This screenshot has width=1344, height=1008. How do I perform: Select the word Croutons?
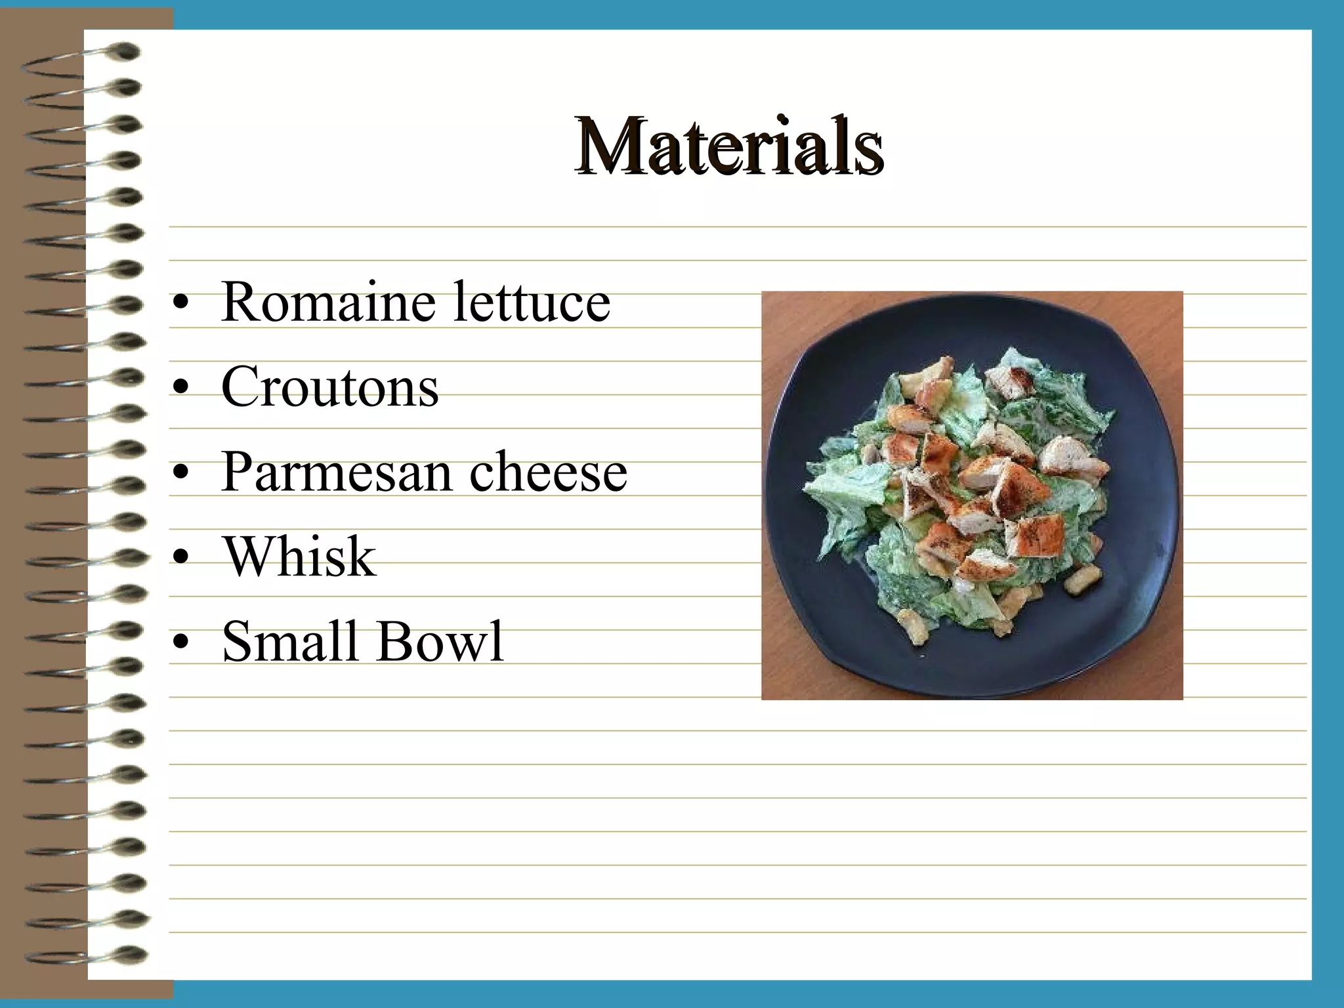(x=329, y=387)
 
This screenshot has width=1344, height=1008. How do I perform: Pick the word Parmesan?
(x=337, y=472)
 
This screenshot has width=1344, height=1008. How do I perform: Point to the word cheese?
(x=548, y=472)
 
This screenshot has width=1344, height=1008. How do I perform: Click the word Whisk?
(x=299, y=556)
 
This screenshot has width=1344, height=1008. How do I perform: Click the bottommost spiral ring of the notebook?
(x=85, y=955)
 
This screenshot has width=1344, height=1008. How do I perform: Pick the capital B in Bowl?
(x=394, y=641)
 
